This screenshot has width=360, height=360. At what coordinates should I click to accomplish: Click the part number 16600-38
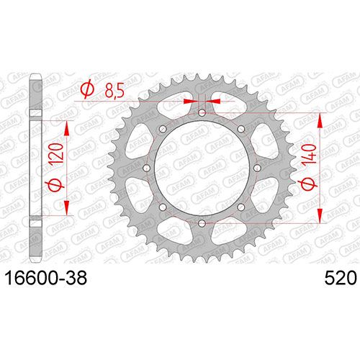tap(46, 279)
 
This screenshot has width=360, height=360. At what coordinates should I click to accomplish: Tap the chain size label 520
tap(341, 279)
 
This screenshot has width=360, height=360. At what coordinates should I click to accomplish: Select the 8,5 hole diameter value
tap(114, 91)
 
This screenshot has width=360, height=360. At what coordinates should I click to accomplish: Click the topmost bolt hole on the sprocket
tap(202, 112)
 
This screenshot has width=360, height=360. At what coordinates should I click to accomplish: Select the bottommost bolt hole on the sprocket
tap(202, 223)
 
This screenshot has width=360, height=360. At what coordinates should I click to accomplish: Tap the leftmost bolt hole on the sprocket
tap(146, 168)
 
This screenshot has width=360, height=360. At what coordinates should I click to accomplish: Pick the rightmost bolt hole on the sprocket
tap(258, 168)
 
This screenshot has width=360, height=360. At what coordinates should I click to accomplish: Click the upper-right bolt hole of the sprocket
tap(241, 129)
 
